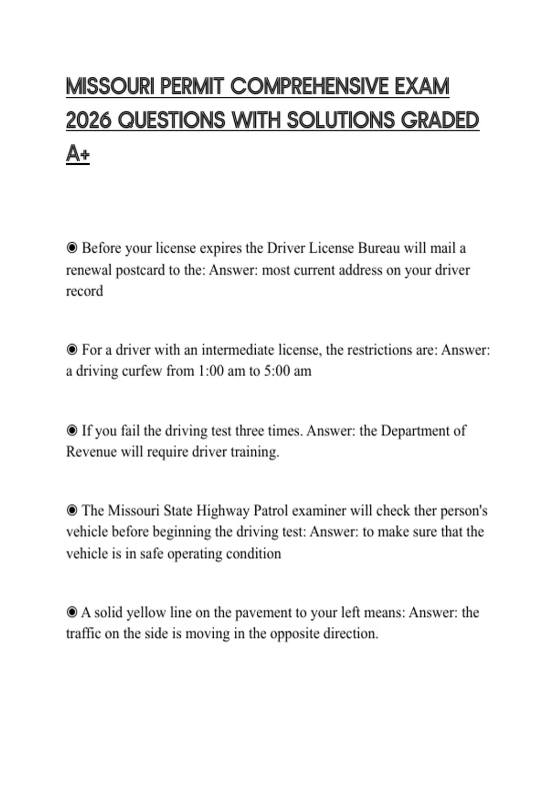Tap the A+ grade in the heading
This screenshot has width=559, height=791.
point(77,154)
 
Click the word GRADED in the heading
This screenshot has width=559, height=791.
point(440,121)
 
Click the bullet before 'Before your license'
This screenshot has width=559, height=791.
point(72,248)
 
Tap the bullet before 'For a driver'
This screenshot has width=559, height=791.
point(72,350)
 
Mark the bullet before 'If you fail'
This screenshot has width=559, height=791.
point(72,431)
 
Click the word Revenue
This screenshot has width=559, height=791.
point(91,452)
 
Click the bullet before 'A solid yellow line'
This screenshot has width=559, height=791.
point(72,612)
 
